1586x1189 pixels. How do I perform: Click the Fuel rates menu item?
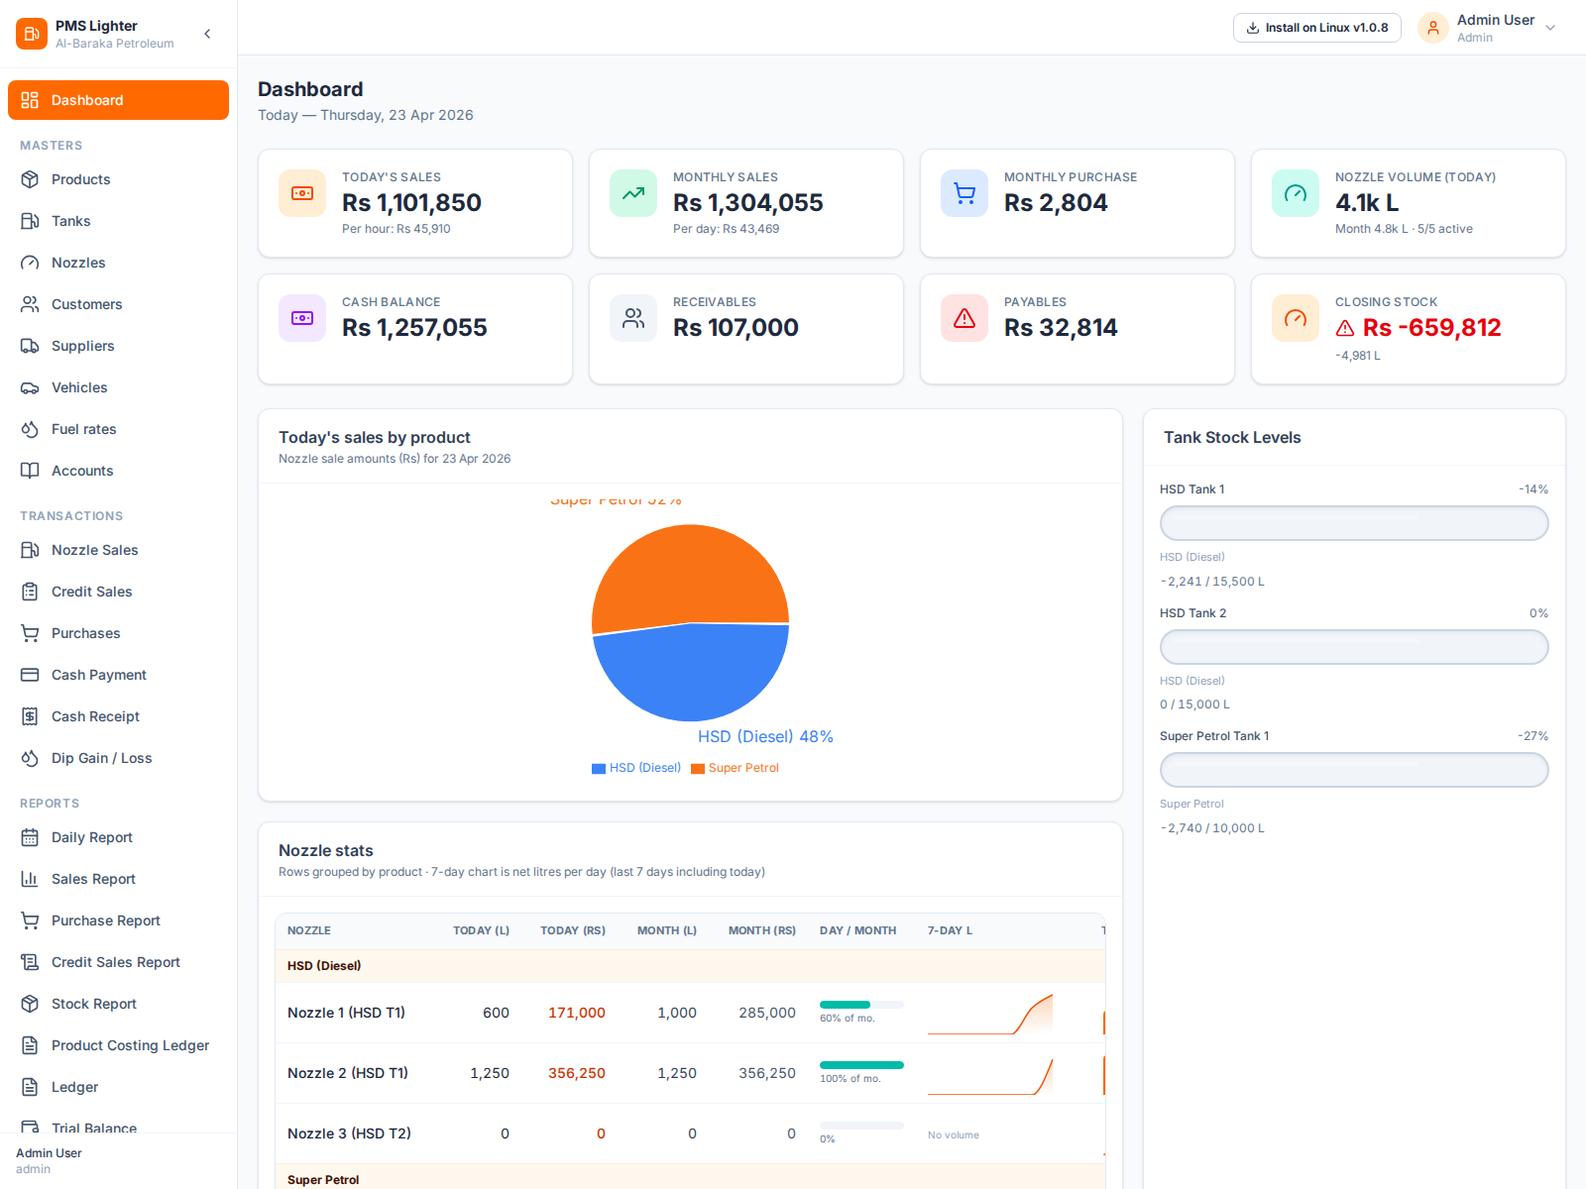(83, 429)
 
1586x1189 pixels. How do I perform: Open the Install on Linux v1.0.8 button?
(1316, 28)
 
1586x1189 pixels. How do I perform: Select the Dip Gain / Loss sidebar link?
(101, 758)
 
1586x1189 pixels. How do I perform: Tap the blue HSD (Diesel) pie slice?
(691, 674)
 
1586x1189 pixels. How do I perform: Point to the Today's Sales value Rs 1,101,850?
(411, 203)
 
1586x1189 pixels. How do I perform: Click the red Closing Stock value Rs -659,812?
(1430, 328)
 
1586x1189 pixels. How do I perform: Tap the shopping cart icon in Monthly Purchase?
(963, 194)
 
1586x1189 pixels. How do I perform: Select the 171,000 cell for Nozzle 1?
(576, 1013)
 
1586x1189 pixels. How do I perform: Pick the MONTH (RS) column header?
(761, 930)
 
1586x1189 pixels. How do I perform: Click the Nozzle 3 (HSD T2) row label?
(349, 1134)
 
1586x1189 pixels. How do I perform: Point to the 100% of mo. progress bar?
(860, 1065)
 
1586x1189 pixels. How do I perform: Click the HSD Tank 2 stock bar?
(1353, 647)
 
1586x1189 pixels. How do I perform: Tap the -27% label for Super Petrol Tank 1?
(1531, 736)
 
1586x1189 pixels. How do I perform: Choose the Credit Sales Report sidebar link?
(115, 962)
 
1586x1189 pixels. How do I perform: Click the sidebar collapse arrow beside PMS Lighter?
(207, 34)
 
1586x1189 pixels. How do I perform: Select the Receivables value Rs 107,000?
(736, 328)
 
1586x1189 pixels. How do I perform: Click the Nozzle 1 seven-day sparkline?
(989, 1015)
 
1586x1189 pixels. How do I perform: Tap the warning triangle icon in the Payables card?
(963, 319)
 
